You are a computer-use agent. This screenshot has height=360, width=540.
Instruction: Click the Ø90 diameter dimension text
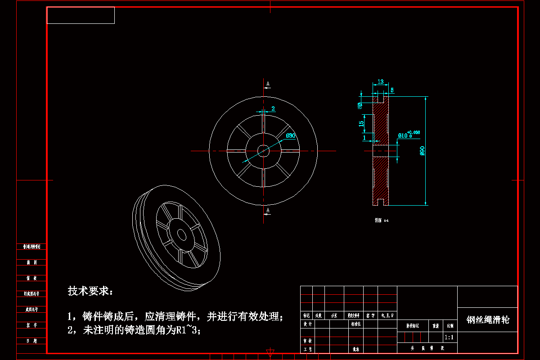coord(422,151)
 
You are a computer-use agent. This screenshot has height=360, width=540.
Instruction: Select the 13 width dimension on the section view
coord(381,81)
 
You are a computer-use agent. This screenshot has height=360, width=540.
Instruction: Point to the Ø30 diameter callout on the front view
coord(291,135)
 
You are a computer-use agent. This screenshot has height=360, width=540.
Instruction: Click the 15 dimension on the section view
coord(361,124)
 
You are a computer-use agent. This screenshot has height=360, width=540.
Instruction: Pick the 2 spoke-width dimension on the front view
coord(273,109)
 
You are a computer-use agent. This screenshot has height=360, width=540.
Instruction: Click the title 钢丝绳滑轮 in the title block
coord(488,320)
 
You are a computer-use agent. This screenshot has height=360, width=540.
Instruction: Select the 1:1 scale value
coord(449,337)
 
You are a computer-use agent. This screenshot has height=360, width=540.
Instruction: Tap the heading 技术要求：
coord(91,291)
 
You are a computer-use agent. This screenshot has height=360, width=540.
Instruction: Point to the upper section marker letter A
coord(268,84)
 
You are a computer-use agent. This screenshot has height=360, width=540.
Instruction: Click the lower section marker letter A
coord(268,211)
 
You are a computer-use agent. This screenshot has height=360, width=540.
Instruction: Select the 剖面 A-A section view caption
coord(381,220)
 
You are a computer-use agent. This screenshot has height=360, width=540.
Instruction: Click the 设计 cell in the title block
coord(308,324)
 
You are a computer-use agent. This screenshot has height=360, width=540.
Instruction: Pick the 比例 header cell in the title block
coord(450,325)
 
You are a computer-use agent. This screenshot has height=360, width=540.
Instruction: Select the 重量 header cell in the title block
coord(435,325)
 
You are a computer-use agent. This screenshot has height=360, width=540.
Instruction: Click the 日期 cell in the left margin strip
coord(31,341)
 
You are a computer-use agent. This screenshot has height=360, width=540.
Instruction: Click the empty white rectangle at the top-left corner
coord(81,15)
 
